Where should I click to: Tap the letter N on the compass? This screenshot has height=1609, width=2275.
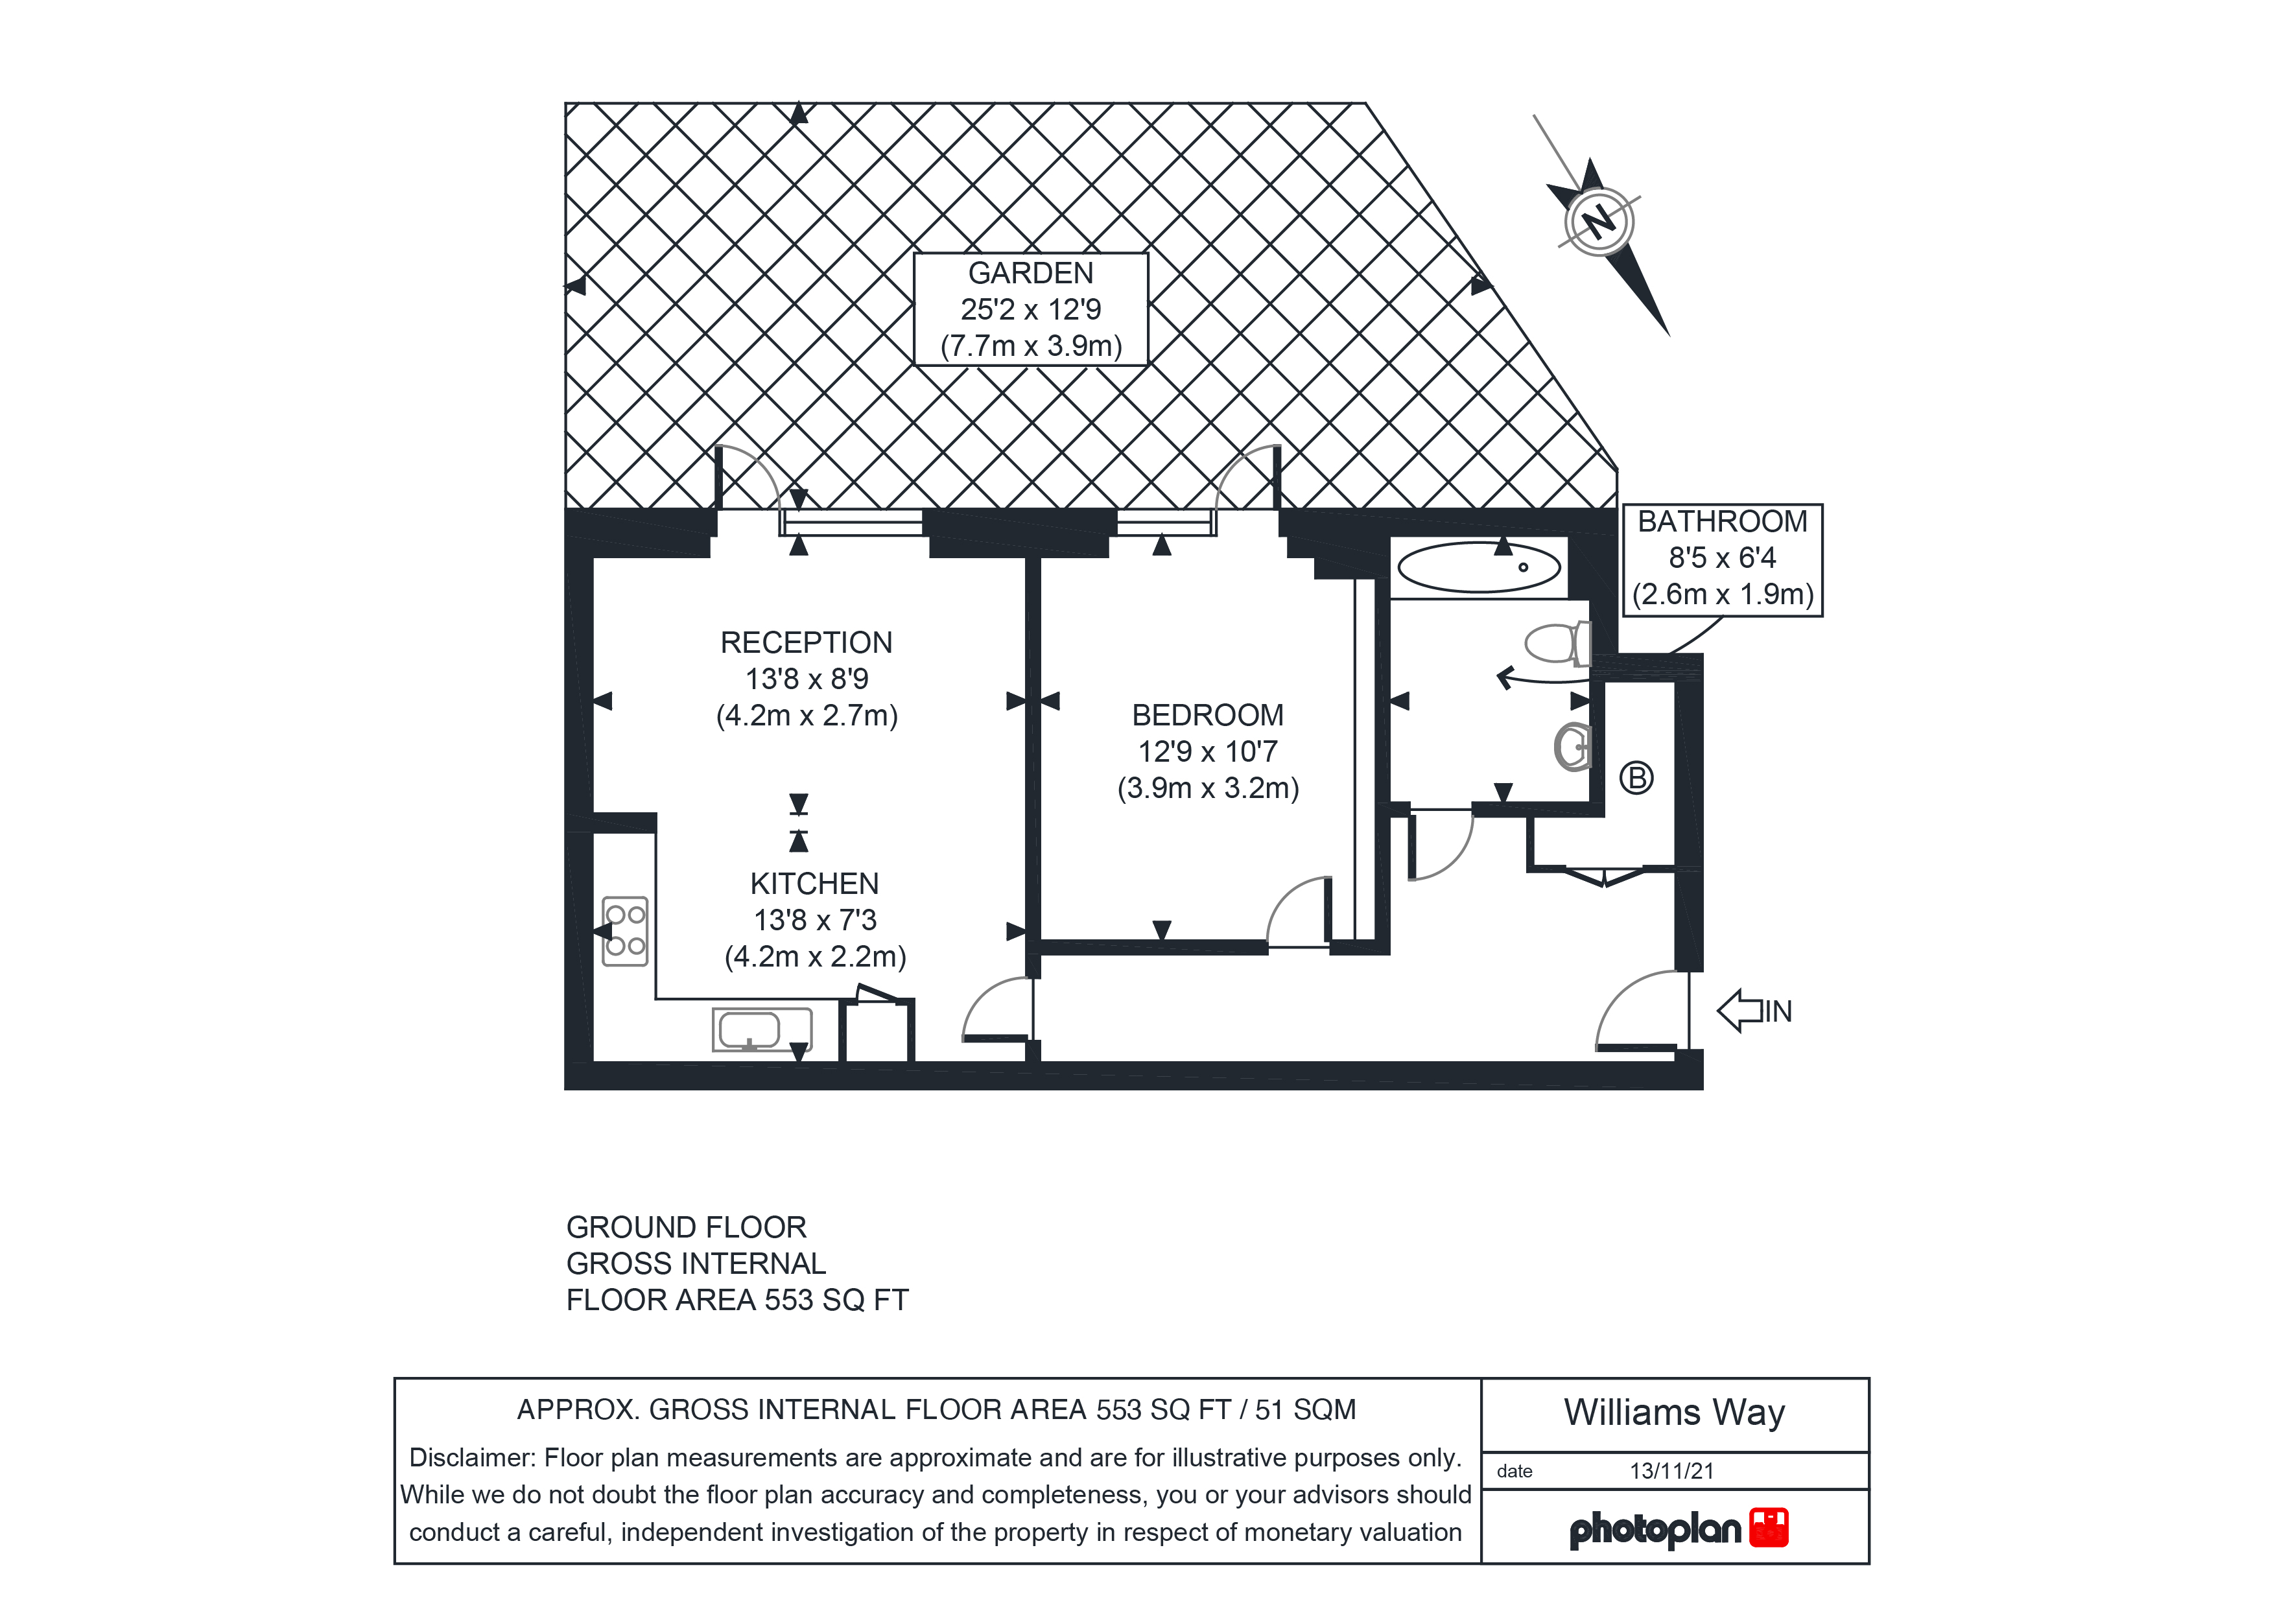tap(1597, 220)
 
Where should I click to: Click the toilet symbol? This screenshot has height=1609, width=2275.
tap(1559, 644)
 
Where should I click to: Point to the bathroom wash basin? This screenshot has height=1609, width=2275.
tap(1572, 747)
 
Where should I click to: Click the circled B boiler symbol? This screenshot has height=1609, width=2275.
tap(1636, 778)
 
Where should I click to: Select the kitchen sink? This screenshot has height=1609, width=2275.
tap(762, 1029)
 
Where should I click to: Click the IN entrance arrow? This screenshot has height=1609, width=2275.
tap(1754, 1011)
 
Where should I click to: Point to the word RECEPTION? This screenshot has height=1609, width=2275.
tap(807, 643)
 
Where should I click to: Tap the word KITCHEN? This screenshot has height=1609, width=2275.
tap(814, 884)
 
